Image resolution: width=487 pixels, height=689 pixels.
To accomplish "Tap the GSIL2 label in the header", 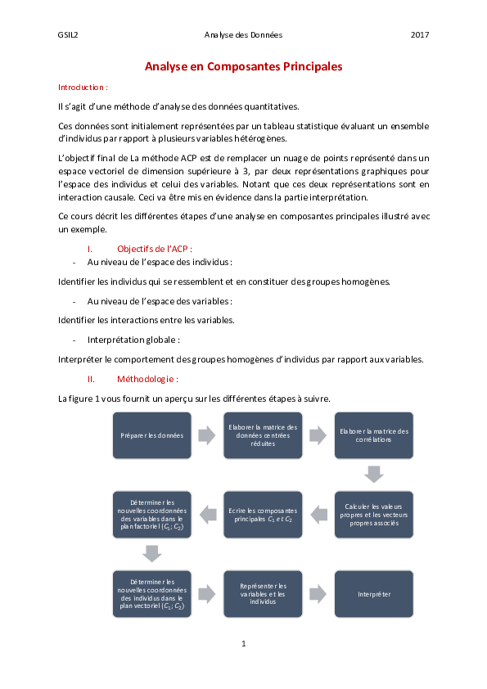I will click(68, 34).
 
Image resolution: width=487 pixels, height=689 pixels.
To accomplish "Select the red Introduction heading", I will click(83, 86).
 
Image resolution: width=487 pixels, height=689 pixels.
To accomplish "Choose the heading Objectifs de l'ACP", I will click(155, 248).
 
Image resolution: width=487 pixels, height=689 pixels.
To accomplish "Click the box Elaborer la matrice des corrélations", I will click(374, 435).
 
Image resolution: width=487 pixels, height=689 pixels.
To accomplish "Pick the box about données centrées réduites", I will click(262, 435).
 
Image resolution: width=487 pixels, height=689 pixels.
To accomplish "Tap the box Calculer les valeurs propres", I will click(374, 513).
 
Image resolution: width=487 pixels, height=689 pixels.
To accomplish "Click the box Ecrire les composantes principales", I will click(262, 513).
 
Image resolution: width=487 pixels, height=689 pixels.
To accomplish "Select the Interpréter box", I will click(374, 593).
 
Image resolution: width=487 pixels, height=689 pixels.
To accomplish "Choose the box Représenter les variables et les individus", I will click(262, 593).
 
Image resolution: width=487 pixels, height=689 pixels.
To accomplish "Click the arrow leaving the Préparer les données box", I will click(206, 435).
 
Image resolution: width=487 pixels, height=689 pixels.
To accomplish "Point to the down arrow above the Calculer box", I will click(374, 475).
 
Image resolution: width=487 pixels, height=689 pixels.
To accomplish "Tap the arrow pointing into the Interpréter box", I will click(318, 593).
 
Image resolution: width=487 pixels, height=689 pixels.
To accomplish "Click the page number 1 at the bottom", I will click(243, 644).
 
